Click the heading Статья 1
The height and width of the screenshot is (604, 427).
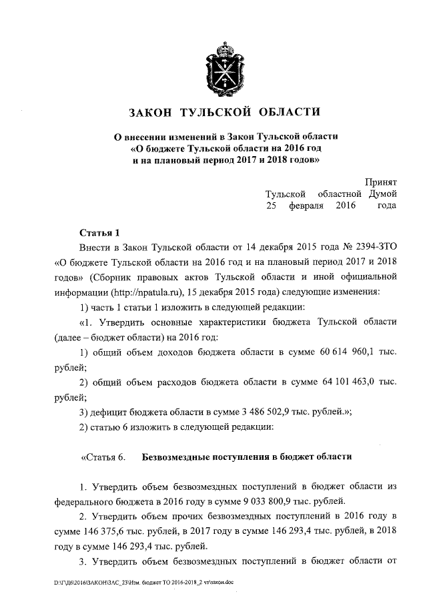99,233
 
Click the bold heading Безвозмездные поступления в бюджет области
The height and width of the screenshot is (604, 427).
246,457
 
